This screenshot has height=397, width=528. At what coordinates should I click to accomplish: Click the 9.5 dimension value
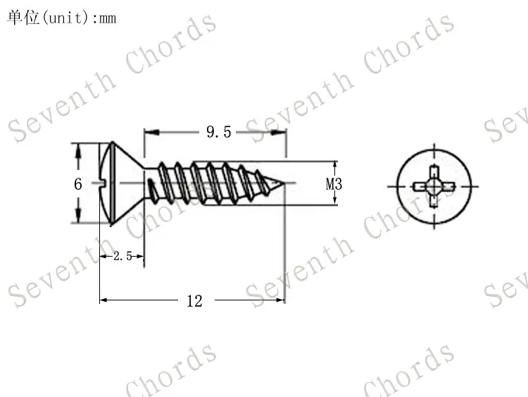coord(218,132)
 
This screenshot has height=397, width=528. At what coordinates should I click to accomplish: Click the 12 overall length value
coord(194,301)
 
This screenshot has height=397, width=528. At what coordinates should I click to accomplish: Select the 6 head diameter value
coord(78,184)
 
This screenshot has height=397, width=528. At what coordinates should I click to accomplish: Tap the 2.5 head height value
coord(122,257)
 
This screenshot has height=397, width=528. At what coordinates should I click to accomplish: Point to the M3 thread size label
coord(334,185)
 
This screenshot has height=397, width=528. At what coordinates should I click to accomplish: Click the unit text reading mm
coord(107,18)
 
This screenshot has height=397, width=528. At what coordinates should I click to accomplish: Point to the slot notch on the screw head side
coord(106,185)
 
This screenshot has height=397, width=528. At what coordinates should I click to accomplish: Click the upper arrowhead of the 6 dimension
coord(78,148)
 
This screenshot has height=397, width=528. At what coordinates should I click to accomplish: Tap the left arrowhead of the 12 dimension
coord(104,300)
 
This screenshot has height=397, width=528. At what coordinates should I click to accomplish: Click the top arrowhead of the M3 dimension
coord(335,164)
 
